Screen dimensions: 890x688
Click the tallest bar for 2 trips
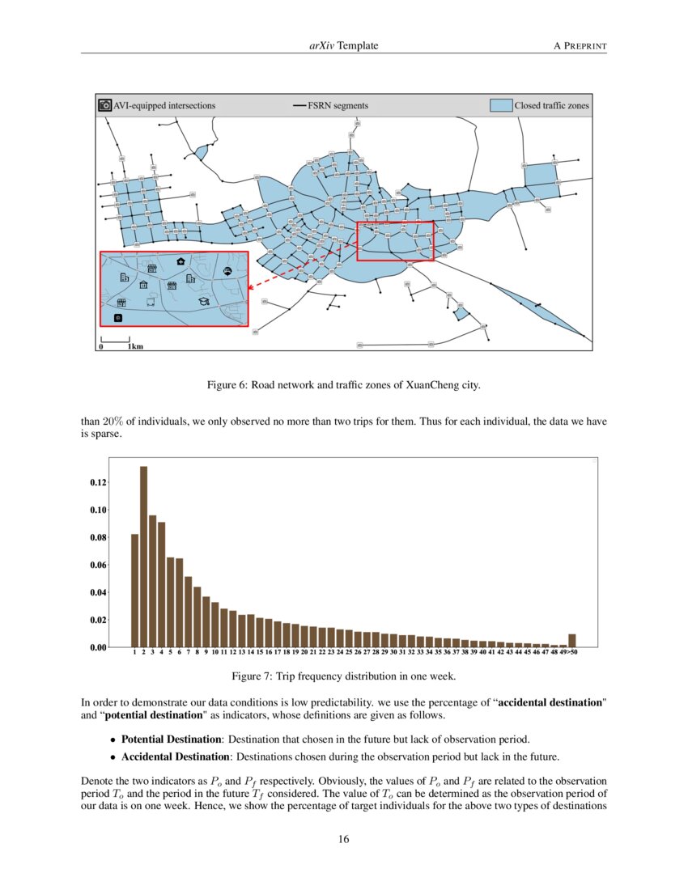[x=143, y=557]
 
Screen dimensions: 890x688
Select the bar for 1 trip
[x=134, y=591]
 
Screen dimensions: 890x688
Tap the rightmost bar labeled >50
[x=571, y=640]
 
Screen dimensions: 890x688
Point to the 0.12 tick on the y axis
[x=97, y=482]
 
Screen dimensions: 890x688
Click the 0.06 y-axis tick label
[x=97, y=565]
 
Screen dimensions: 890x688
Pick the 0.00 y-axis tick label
[x=97, y=647]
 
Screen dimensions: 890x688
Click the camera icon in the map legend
[x=104, y=105]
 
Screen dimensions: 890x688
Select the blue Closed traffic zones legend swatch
[x=502, y=105]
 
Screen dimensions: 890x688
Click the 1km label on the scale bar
[x=135, y=346]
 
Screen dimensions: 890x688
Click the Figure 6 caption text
[x=344, y=385]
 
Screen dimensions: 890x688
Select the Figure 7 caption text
[x=344, y=676]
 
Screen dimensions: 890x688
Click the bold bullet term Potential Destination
[x=171, y=740]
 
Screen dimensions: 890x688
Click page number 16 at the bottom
[x=344, y=839]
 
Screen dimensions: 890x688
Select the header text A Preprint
[x=580, y=46]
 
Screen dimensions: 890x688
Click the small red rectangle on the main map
[x=395, y=241]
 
